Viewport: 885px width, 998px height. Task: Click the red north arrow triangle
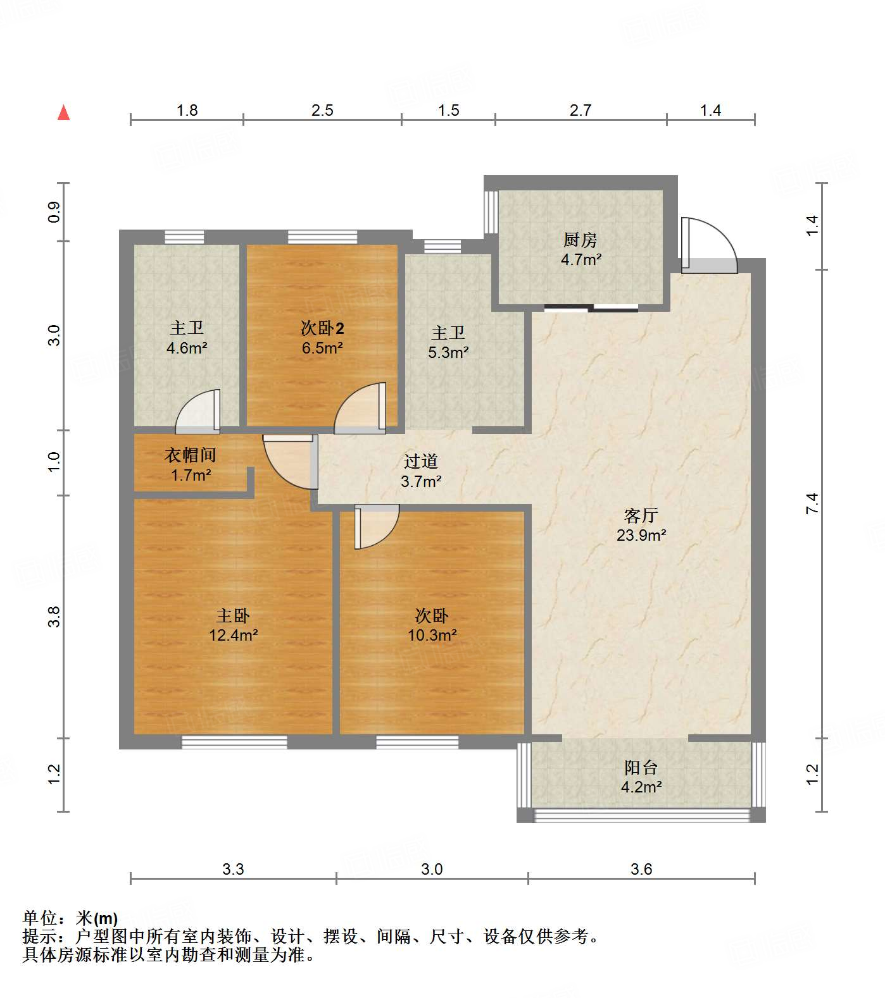click(63, 113)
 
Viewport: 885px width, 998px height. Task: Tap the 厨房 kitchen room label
click(580, 240)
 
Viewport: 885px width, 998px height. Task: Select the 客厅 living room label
click(641, 515)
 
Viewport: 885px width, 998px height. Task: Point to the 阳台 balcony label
click(641, 767)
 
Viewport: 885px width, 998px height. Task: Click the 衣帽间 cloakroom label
click(191, 455)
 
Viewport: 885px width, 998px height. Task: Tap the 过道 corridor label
click(421, 462)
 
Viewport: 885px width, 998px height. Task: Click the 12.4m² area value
click(234, 635)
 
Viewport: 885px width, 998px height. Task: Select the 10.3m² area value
click(432, 635)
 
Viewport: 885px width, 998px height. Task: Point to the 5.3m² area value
click(448, 352)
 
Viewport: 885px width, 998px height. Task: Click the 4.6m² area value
click(187, 347)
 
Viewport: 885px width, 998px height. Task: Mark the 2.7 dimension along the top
click(581, 110)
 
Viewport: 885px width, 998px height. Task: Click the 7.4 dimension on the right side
click(813, 503)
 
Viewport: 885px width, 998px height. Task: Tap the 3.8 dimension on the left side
click(54, 616)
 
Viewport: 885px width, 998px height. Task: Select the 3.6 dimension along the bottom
click(641, 869)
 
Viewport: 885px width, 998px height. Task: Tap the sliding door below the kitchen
click(591, 309)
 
